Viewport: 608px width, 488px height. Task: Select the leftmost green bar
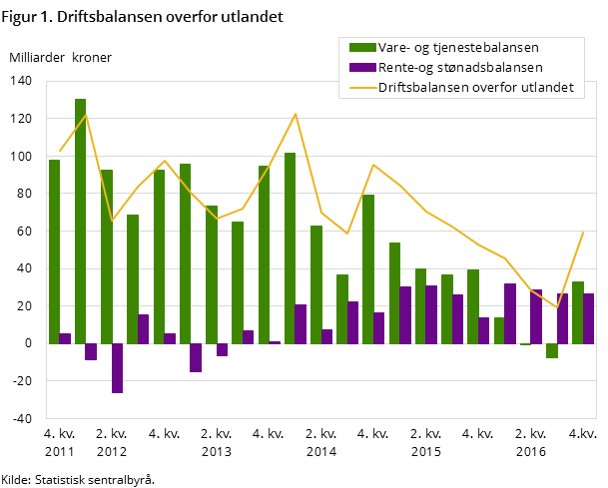tap(55, 251)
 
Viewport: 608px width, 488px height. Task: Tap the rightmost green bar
tap(578, 312)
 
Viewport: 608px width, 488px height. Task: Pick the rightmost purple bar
tap(589, 318)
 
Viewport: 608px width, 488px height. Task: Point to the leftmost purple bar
tap(65, 338)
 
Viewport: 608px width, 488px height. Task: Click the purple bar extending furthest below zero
tap(117, 368)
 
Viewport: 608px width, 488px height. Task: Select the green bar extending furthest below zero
tap(552, 350)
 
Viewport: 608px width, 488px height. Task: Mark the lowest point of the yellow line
tap(557, 308)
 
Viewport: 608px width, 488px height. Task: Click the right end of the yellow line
tap(583, 232)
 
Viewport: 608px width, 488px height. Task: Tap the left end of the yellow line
tap(60, 152)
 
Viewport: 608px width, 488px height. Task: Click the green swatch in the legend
tap(362, 47)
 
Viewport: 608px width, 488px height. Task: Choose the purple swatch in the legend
tap(362, 67)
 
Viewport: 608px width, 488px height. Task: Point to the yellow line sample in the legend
tap(362, 87)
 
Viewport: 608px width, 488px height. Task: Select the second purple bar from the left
tap(91, 351)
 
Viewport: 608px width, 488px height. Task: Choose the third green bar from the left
tap(107, 256)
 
